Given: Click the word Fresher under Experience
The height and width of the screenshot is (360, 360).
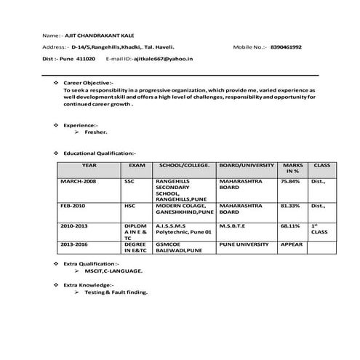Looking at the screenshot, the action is pos(96,133).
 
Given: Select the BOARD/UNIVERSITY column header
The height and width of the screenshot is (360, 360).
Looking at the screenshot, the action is pos(247,166).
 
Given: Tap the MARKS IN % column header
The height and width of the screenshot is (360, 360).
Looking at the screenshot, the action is pos(292,169).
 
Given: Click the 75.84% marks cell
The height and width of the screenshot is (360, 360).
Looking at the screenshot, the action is pos(289,180).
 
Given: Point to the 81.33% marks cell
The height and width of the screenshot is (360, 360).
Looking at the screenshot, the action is pos(289,206).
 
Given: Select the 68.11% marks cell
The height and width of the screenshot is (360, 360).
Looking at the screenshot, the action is pos(289,225).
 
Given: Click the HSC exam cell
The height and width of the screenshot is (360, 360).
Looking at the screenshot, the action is pos(130,206).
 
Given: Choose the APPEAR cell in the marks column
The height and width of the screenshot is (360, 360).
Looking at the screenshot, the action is pos(291,244).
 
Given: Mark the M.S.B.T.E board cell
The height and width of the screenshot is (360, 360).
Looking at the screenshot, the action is pos(234,225).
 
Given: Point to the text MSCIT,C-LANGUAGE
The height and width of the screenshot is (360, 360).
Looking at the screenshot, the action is pos(113,270).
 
